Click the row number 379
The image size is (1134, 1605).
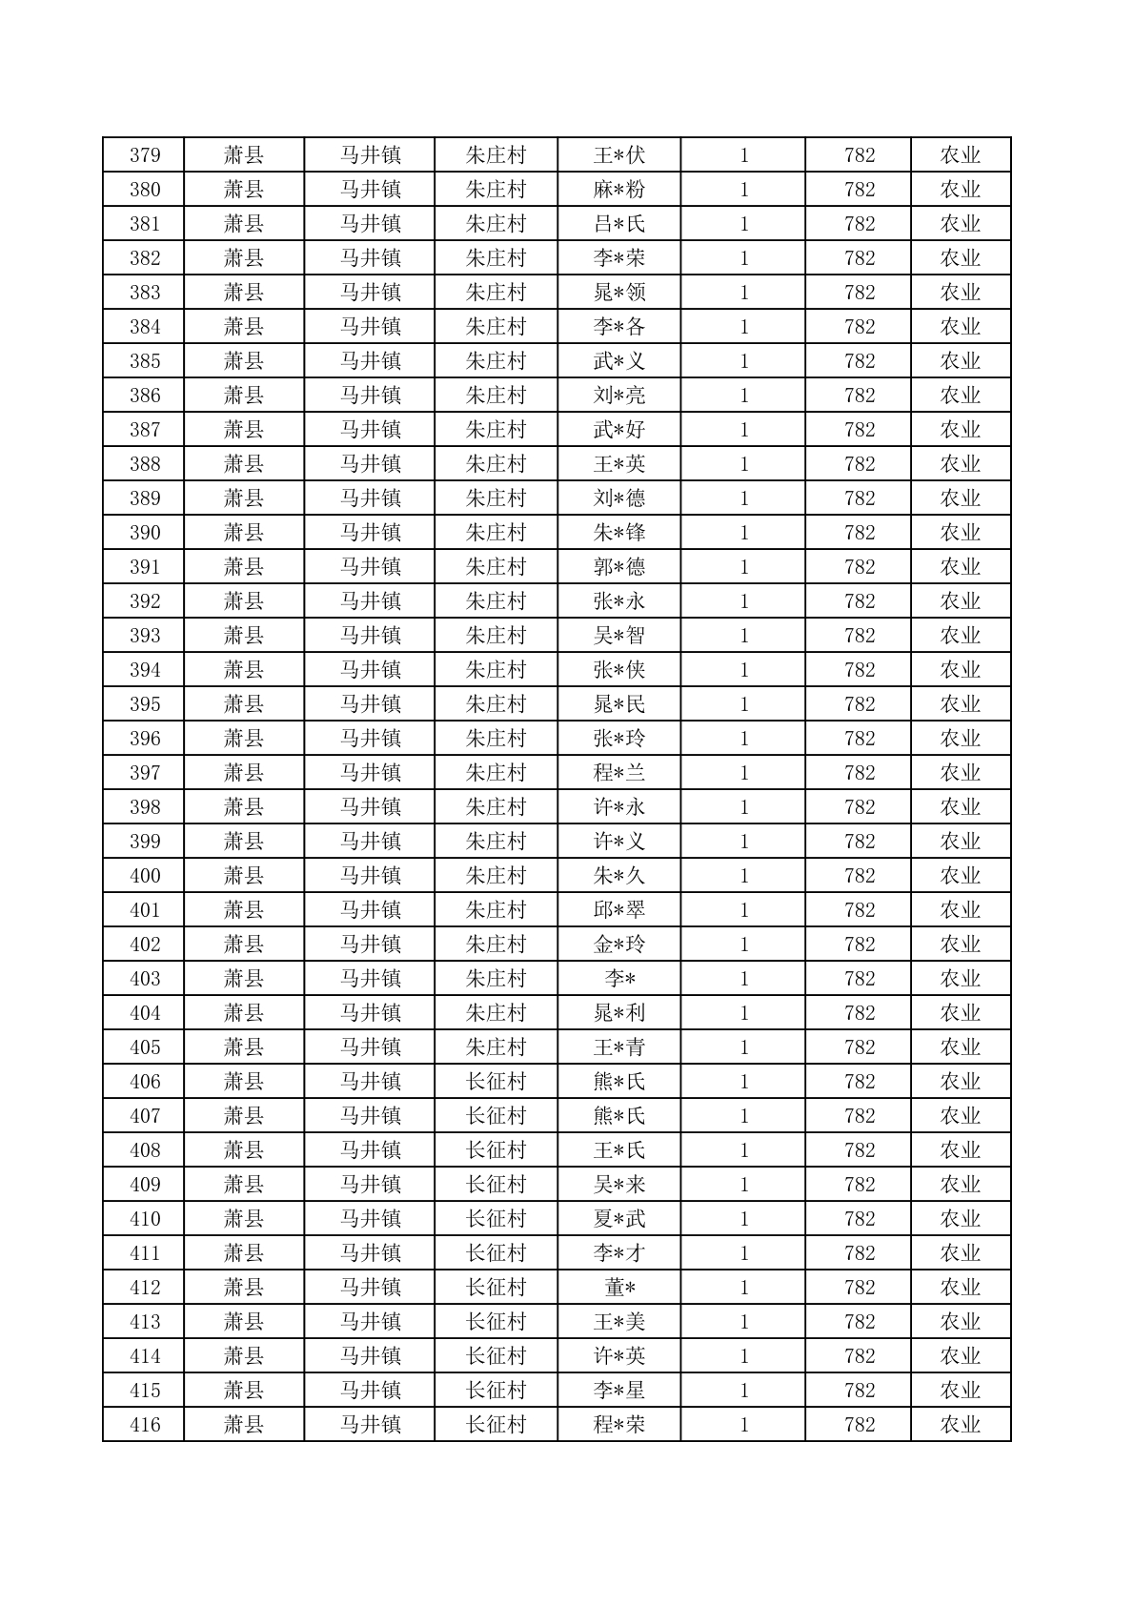click(145, 155)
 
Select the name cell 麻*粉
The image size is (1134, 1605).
click(619, 190)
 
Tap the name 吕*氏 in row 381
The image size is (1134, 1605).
click(619, 224)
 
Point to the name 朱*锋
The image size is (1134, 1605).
click(619, 533)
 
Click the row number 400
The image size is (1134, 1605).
click(145, 876)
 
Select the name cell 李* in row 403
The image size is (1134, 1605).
click(619, 979)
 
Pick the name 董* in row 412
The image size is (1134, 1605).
click(619, 1288)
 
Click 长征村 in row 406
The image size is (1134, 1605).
click(496, 1082)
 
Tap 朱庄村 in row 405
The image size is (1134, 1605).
click(496, 1047)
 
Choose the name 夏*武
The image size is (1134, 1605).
click(619, 1219)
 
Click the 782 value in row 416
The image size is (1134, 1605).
click(859, 1425)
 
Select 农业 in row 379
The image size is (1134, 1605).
click(960, 155)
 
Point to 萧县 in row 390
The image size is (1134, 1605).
click(244, 533)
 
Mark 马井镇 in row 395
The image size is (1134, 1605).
click(370, 704)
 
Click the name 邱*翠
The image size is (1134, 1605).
click(619, 910)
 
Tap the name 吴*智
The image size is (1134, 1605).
click(619, 636)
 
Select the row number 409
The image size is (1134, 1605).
click(145, 1185)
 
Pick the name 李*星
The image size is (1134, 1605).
click(619, 1391)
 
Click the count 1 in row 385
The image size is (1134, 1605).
click(744, 361)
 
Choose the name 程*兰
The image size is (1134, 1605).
click(619, 773)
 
